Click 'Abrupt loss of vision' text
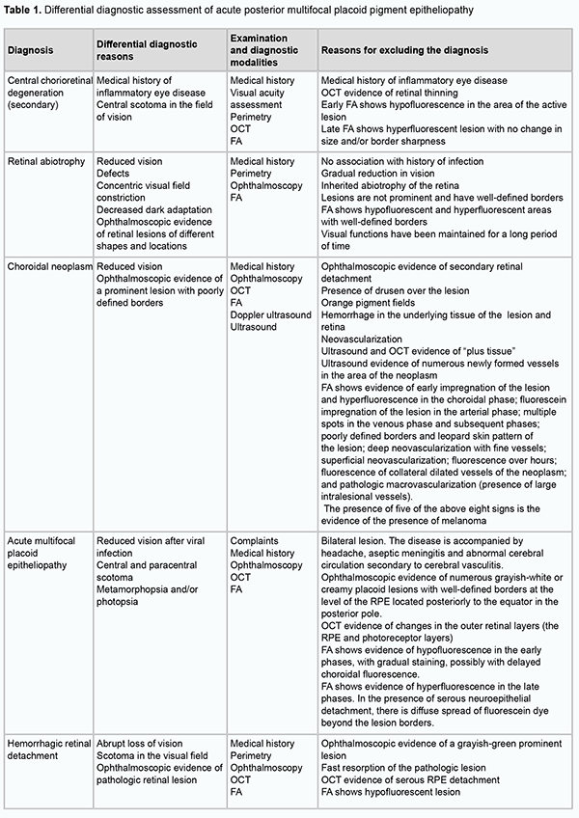144,744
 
